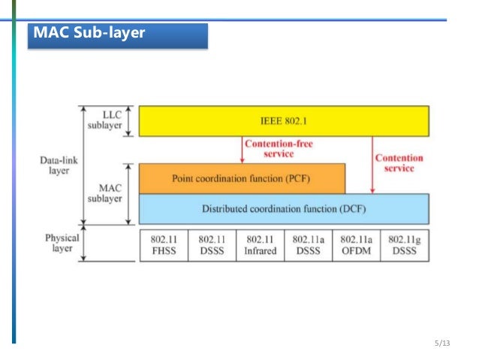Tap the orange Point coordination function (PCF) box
coord(242,179)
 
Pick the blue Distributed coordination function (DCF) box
coord(284,208)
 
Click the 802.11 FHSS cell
coord(164,245)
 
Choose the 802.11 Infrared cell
coord(260,245)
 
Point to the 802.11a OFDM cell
coord(357,245)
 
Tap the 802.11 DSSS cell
coord(212,245)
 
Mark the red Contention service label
coord(399,163)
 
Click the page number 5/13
coord(441,343)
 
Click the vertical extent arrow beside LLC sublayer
coord(128,120)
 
